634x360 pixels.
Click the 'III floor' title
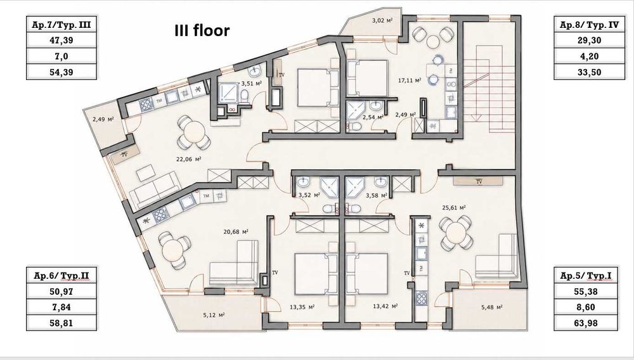[202, 30]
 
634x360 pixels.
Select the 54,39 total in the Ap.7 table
[61, 72]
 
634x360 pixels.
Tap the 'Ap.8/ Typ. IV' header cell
[589, 25]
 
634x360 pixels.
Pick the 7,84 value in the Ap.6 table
[61, 307]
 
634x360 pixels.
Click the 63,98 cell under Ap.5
[586, 323]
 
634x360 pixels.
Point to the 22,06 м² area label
[188, 159]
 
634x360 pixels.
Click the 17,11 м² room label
[410, 80]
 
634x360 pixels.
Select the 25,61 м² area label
[454, 208]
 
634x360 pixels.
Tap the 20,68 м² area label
[236, 232]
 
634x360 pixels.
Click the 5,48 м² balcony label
[492, 307]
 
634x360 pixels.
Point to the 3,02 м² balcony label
[382, 20]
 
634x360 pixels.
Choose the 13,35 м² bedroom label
[302, 307]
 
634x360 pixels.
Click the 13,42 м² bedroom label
[385, 306]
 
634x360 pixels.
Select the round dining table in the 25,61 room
[456, 233]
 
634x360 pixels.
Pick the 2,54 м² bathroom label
[373, 118]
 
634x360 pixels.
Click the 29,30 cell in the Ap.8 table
[589, 40]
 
